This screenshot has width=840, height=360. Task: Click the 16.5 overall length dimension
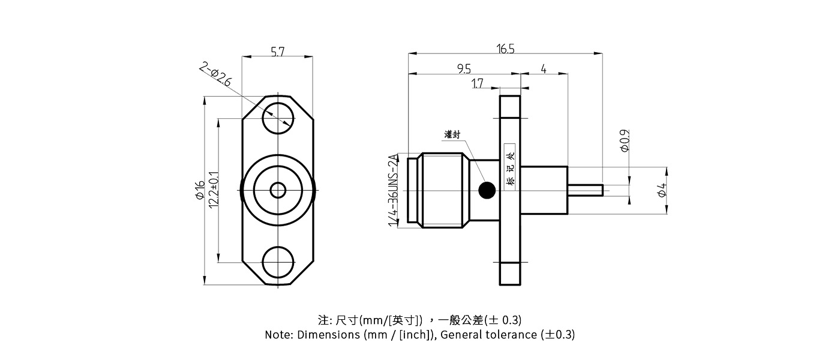pos(505,49)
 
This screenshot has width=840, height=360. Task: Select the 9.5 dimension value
pos(464,69)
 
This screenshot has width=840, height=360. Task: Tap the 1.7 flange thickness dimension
pos(478,84)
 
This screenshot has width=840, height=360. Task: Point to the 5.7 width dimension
pos(277,52)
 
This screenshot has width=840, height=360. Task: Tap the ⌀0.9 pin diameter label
pos(625,140)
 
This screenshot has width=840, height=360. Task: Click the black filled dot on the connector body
pos(487,191)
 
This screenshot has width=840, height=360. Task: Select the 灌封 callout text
pos(452,134)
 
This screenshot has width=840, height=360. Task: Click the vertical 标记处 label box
pos(511,167)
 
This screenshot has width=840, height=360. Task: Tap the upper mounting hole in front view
pos(278,118)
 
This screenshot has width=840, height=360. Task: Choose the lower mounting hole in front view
pos(278,263)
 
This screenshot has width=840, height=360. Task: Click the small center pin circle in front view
pos(278,190)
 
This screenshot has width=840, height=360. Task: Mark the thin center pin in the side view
pos(585,190)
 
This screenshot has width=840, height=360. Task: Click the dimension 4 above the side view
pos(543,69)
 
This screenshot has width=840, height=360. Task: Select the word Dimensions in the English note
pos(328,335)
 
